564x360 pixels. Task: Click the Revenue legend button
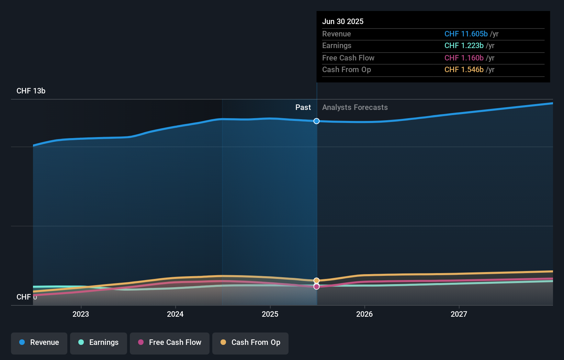[39, 342]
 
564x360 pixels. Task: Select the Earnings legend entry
[99, 342]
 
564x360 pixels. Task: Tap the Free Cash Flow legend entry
[170, 342]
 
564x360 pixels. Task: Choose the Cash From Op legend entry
[250, 342]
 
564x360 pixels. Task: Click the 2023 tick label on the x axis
[81, 314]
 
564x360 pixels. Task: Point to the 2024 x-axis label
[175, 314]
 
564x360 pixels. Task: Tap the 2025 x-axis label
[270, 314]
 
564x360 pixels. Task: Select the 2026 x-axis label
[364, 314]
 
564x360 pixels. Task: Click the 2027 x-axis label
[459, 314]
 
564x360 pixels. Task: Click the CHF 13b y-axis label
[31, 91]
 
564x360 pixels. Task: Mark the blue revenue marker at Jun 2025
[316, 121]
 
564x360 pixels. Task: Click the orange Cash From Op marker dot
[316, 281]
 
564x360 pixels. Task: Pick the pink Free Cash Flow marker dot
[316, 286]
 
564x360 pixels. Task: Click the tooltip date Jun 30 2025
[343, 21]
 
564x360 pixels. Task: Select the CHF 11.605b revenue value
[466, 34]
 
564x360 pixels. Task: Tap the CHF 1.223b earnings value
[464, 46]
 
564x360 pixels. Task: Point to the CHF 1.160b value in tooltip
[464, 58]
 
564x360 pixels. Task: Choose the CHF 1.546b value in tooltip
[464, 70]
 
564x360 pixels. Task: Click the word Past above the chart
[303, 108]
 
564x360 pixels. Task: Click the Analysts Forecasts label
[355, 108]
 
